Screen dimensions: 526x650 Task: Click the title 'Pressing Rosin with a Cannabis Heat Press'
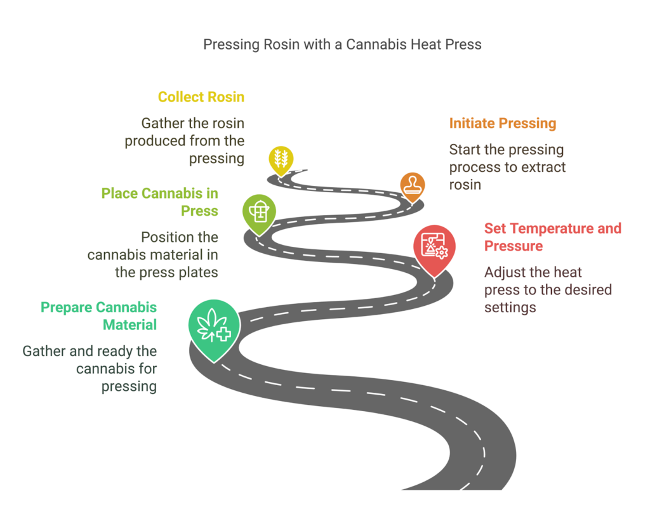(342, 44)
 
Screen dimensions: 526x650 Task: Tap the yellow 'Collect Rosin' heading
(201, 97)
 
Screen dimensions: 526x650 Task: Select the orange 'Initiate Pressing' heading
(502, 123)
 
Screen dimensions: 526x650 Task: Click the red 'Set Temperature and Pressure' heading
(552, 237)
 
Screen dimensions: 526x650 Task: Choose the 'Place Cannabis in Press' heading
(159, 202)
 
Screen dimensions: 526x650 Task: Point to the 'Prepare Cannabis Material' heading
(98, 316)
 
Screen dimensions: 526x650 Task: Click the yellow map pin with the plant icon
(280, 158)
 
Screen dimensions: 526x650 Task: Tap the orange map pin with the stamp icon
(413, 185)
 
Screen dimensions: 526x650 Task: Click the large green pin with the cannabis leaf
(214, 325)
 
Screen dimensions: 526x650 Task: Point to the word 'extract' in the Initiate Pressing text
(543, 168)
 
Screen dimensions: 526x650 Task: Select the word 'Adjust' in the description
(505, 273)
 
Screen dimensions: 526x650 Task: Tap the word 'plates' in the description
(196, 273)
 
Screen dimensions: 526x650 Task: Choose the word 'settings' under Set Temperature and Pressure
(510, 308)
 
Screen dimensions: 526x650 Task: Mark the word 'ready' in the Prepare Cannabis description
(114, 351)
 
